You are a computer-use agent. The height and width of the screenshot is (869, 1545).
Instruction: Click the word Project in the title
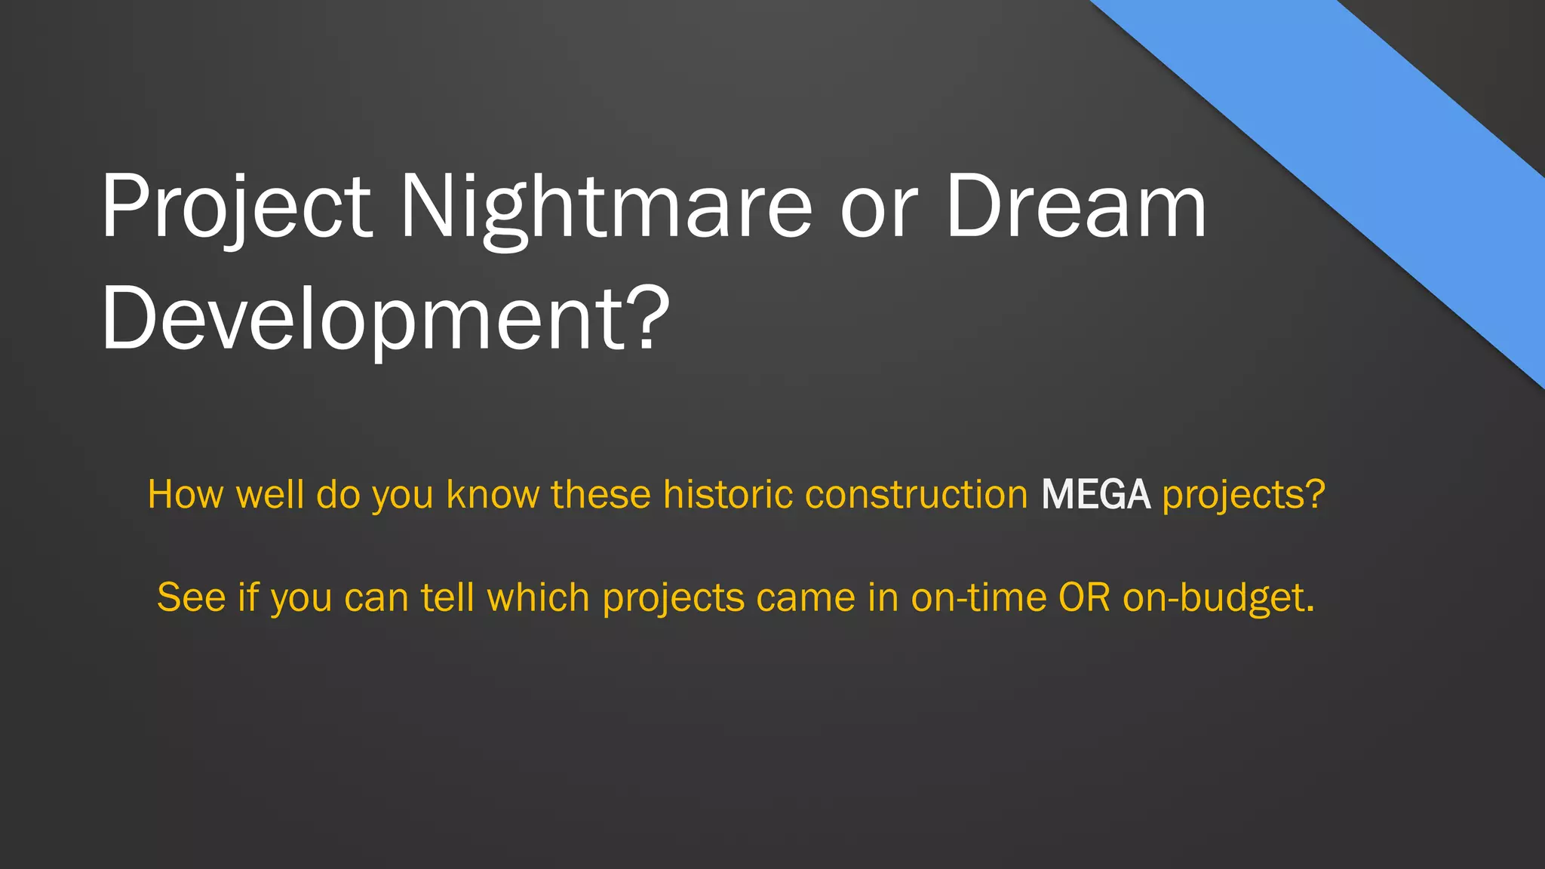click(x=236, y=207)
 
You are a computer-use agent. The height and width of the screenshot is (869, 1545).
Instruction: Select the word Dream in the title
click(x=1076, y=207)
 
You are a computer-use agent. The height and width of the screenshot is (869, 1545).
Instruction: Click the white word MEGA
click(x=1095, y=496)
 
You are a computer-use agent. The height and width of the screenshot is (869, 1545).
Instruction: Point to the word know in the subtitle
click(x=492, y=496)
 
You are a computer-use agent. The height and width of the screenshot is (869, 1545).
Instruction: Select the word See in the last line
click(x=191, y=598)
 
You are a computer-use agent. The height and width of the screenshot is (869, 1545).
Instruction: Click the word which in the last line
click(x=537, y=598)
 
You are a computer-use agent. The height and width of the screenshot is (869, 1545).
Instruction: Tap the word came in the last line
click(x=806, y=598)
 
